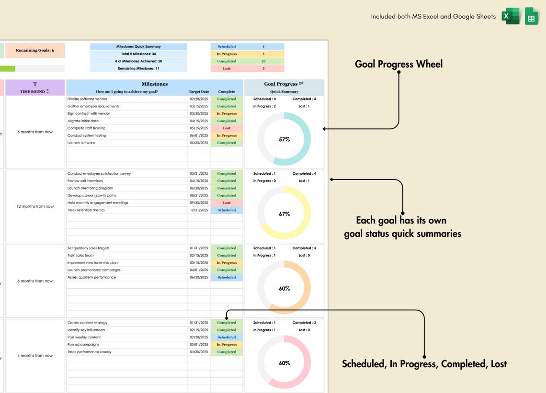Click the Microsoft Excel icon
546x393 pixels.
tap(511, 16)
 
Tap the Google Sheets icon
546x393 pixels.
tap(532, 16)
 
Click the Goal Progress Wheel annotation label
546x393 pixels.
tap(398, 64)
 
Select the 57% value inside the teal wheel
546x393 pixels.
tap(284, 139)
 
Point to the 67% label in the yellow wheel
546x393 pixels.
tap(284, 214)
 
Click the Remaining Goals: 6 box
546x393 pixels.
tap(35, 50)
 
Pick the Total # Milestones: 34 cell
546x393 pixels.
tap(138, 54)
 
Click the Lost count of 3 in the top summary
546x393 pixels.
tap(263, 68)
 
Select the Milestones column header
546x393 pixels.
tap(154, 84)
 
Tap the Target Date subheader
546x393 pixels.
tap(199, 91)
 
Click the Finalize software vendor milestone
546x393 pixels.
tap(88, 99)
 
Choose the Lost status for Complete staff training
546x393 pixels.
tap(227, 128)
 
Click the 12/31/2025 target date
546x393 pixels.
tap(199, 210)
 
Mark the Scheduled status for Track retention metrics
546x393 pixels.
tap(227, 210)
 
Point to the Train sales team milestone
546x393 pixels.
tap(81, 256)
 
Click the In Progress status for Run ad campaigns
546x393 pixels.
tap(227, 345)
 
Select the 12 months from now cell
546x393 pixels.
tap(35, 206)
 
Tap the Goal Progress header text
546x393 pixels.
tap(281, 84)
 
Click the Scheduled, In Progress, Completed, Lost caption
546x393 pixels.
tap(424, 364)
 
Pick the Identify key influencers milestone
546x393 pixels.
tap(86, 330)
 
